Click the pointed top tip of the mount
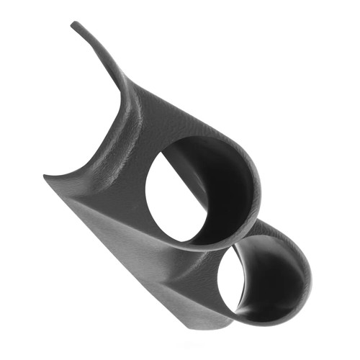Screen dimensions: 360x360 click(73, 24)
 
